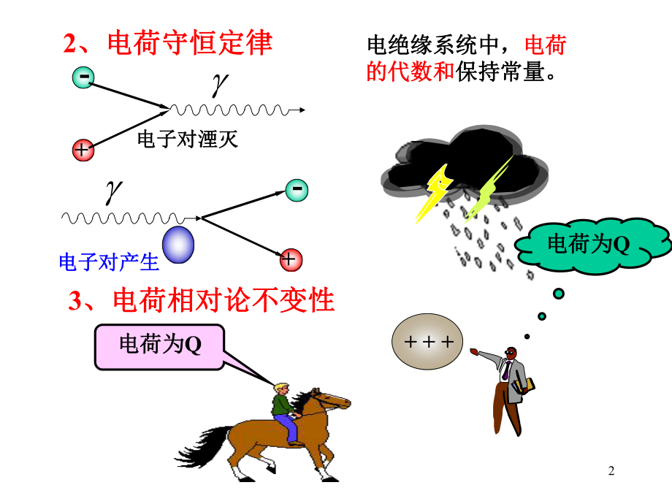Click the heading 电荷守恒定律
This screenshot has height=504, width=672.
tap(168, 44)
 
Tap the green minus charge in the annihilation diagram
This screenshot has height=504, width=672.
tap(83, 77)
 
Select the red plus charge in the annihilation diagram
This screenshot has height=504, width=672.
tap(83, 150)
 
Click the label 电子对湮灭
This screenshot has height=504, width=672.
tap(188, 139)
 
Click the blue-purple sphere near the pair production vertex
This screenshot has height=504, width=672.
tap(179, 244)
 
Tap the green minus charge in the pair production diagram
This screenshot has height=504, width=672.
tap(297, 190)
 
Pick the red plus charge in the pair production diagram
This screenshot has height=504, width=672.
tap(291, 259)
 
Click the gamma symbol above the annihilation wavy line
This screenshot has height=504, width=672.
tap(217, 86)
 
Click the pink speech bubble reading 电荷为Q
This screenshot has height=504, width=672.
tap(159, 345)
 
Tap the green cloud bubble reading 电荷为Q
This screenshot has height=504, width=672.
tap(592, 245)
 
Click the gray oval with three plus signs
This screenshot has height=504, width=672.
tap(428, 341)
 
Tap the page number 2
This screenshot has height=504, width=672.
tap(611, 473)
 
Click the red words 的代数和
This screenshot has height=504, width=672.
tap(410, 72)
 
